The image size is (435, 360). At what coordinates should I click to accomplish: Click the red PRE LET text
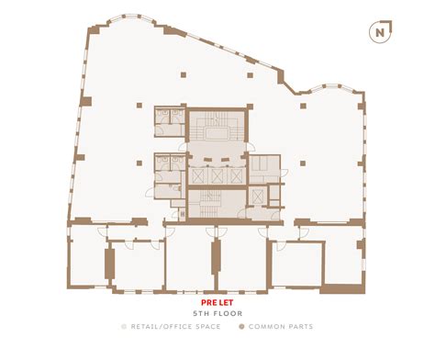(x=217, y=300)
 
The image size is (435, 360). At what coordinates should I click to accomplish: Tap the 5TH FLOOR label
(x=217, y=312)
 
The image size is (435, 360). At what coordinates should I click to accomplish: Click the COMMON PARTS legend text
(x=280, y=327)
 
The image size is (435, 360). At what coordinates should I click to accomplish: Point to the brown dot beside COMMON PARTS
(x=241, y=327)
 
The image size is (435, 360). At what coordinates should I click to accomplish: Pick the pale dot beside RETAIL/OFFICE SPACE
(x=123, y=327)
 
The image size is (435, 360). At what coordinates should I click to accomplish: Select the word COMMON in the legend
(x=266, y=327)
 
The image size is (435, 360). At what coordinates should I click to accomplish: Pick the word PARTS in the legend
(x=299, y=327)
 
